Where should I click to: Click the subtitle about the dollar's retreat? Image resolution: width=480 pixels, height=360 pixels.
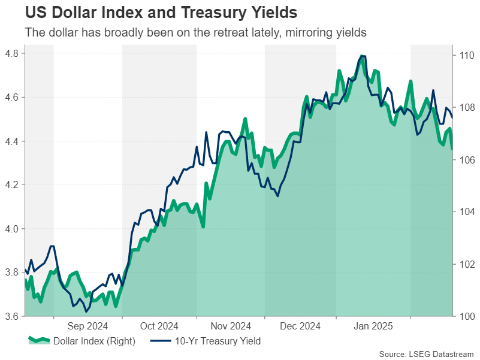click(x=195, y=32)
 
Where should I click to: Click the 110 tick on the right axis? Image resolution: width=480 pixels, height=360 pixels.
click(x=467, y=55)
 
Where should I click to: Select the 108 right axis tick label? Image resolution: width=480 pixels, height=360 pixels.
click(x=467, y=107)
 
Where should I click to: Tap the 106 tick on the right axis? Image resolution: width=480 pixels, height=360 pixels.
click(x=467, y=160)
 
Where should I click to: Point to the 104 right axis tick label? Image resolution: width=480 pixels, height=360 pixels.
click(x=467, y=212)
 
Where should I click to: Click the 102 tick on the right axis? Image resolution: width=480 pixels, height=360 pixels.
click(x=467, y=264)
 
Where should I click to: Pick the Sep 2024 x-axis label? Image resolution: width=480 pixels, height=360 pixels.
click(x=87, y=326)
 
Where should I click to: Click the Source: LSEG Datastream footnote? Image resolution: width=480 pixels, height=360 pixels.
click(x=427, y=353)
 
